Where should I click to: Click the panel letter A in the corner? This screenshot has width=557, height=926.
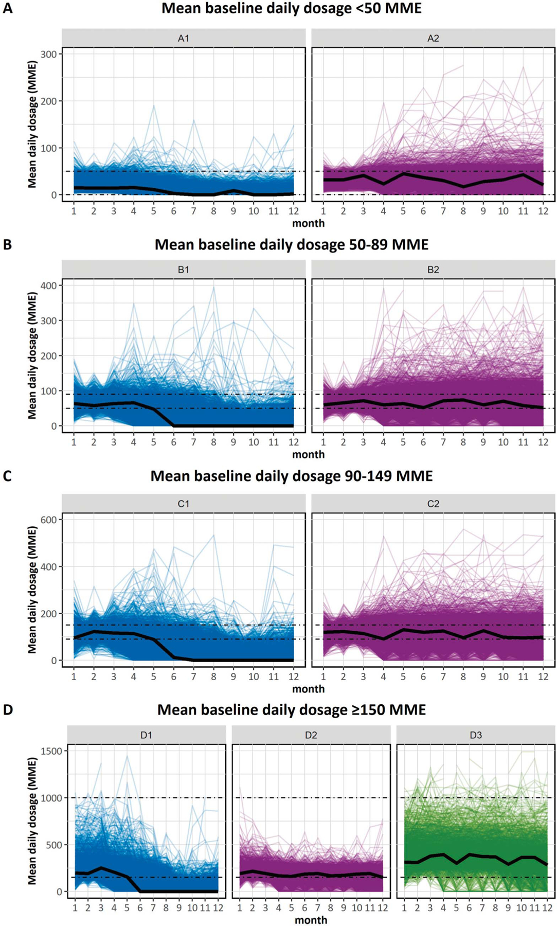click(7, 9)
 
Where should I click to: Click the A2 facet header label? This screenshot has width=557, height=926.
click(433, 38)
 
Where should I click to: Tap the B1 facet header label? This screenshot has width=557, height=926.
click(184, 270)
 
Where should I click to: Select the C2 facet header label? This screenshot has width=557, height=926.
click(433, 504)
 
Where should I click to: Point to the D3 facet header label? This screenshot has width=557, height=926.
click(476, 735)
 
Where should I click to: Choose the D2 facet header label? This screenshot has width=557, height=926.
click(311, 735)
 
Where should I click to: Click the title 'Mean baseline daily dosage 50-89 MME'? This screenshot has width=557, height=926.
click(291, 244)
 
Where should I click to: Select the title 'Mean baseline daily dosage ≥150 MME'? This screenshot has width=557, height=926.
click(291, 710)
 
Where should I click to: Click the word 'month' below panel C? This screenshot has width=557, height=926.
click(308, 689)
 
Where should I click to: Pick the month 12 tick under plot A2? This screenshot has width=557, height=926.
click(543, 211)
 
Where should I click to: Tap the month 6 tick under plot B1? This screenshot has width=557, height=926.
click(174, 442)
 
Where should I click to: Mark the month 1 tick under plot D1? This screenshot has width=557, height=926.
click(75, 908)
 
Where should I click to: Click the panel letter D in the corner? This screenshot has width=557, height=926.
click(8, 710)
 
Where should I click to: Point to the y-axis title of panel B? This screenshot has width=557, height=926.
click(32, 356)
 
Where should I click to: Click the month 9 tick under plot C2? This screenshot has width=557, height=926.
click(483, 676)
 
